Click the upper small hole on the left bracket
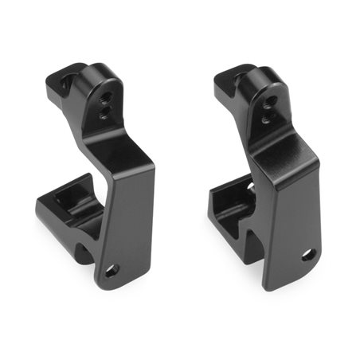coord(104,101)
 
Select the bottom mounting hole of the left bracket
coord(112,270)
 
